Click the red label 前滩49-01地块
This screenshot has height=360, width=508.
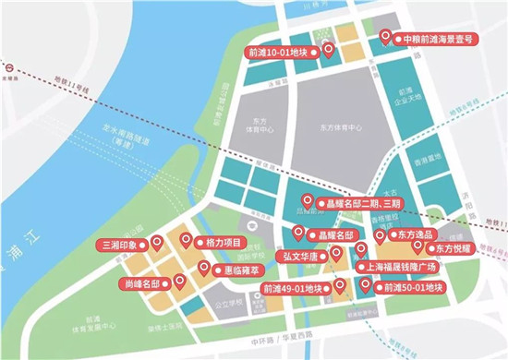[295, 289]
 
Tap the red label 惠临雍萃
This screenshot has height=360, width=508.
[237, 270]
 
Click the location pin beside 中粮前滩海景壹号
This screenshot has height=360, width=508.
[386, 37]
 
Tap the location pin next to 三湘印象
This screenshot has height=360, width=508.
[158, 244]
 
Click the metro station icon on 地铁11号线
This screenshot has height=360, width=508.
[6, 68]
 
